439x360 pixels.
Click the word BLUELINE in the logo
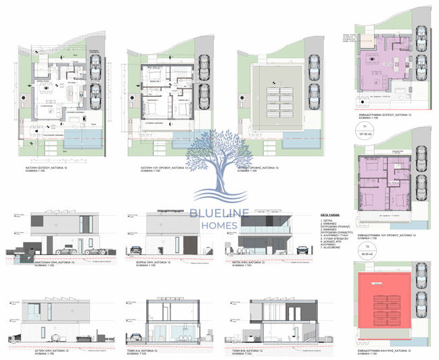tap(220, 215)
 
